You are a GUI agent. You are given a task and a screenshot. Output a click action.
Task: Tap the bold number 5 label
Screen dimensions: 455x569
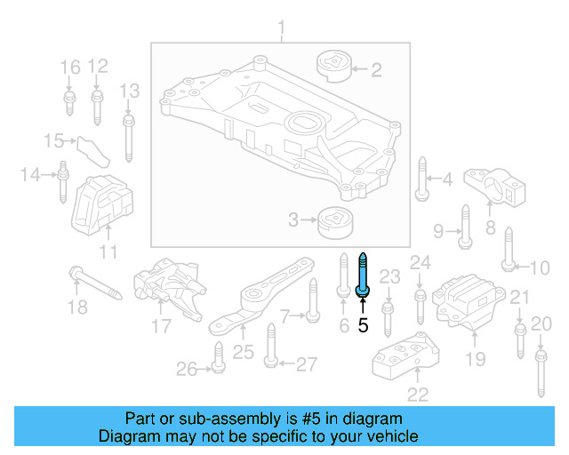(362, 325)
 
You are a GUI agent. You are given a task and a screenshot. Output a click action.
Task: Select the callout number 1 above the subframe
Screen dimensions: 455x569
(283, 33)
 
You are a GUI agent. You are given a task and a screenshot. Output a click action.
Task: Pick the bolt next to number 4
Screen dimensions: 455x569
(421, 180)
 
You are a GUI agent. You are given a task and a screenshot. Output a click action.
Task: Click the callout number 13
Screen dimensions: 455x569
(130, 90)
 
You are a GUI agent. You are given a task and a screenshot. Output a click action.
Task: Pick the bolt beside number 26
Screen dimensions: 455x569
(216, 365)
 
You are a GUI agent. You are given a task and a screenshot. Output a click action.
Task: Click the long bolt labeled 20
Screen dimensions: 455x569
(540, 373)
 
